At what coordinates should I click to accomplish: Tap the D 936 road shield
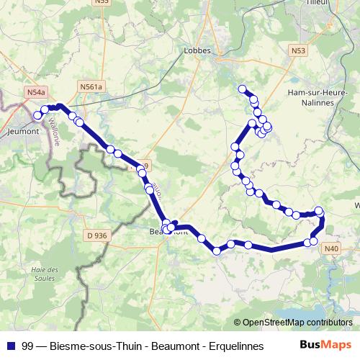96,235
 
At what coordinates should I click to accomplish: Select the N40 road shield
330,248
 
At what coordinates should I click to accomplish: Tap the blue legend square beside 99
10,345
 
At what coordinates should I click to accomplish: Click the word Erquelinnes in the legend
228,345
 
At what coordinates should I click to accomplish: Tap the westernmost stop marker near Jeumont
37,114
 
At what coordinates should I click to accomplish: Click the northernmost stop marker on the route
242,89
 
